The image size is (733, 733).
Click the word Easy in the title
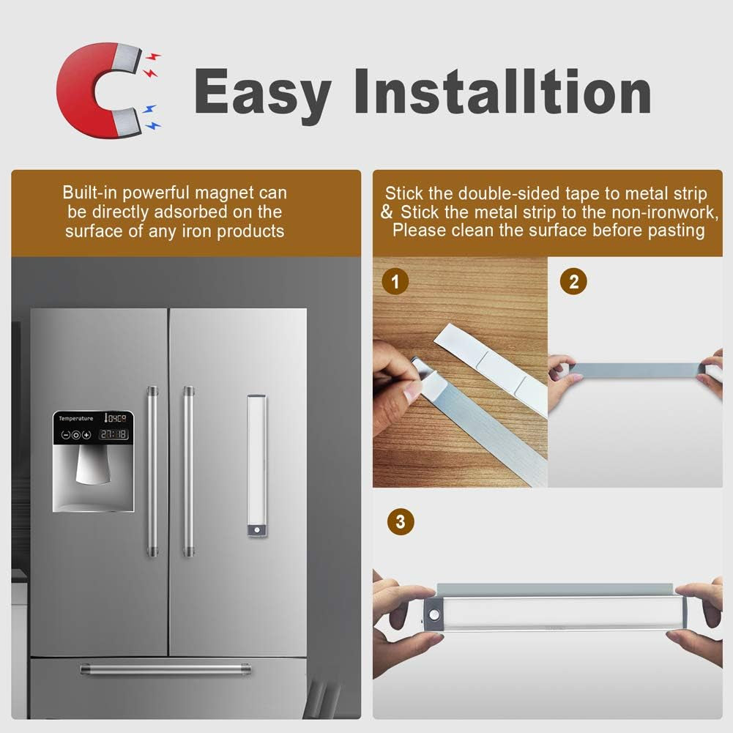[x=262, y=92]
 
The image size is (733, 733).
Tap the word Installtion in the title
[x=502, y=92]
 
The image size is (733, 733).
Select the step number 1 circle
[x=396, y=281]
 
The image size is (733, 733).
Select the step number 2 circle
[x=573, y=281]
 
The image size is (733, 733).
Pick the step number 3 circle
[x=399, y=522]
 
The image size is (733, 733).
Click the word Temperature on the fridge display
[x=76, y=418]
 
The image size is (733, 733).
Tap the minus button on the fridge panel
[x=65, y=435]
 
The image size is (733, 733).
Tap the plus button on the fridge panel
[x=86, y=435]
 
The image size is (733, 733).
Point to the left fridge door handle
[x=152, y=472]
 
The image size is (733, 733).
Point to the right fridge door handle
[x=188, y=472]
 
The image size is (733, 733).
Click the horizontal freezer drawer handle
[x=165, y=669]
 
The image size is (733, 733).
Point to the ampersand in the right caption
[x=387, y=212]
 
